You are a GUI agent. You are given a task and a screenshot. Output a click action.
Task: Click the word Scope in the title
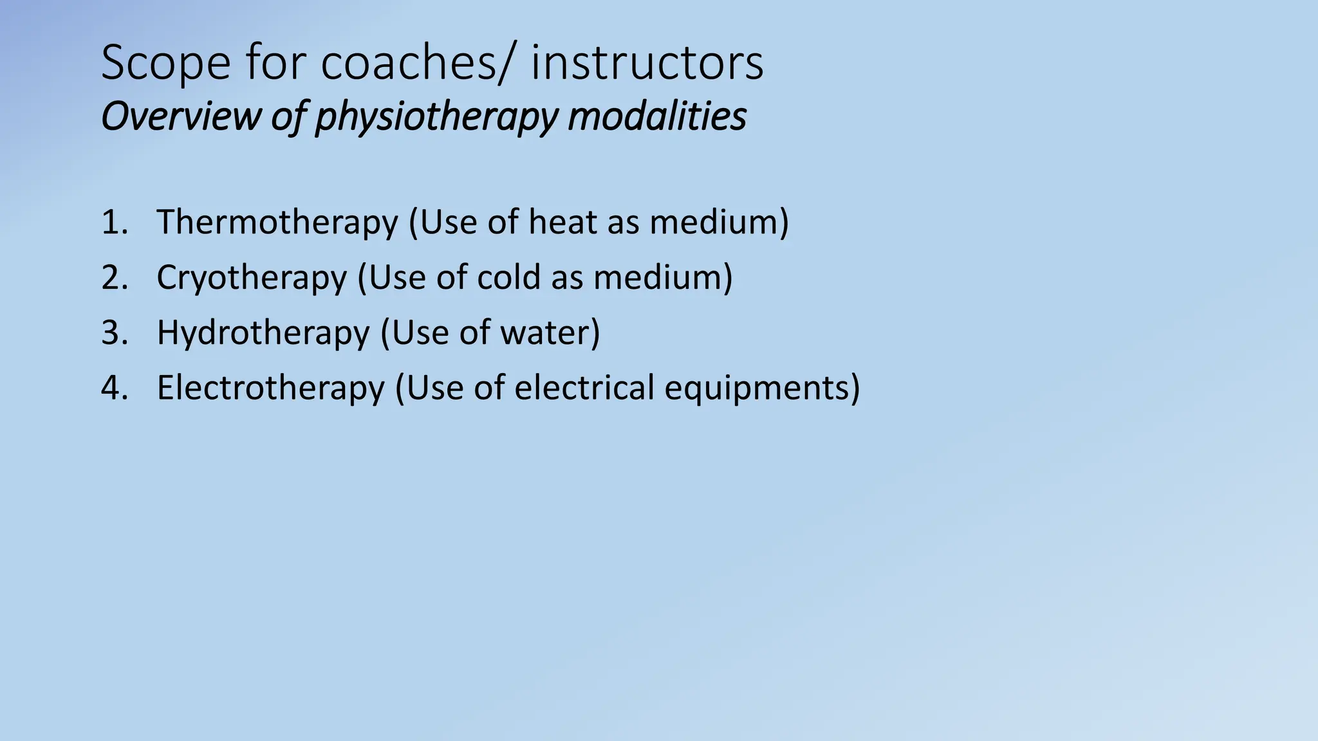(165, 64)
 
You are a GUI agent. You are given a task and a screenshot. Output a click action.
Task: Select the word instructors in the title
(647, 64)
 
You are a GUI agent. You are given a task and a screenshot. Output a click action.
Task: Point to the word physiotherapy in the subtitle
(436, 118)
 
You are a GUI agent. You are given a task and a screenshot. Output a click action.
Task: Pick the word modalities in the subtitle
(657, 116)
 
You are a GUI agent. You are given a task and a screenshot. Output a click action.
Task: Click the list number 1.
(114, 222)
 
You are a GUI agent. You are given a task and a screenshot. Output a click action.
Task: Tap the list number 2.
(114, 277)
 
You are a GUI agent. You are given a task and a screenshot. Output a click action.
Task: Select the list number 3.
(114, 333)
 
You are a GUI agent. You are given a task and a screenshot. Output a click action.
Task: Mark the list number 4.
(114, 388)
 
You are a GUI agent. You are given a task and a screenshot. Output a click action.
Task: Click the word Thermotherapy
(277, 223)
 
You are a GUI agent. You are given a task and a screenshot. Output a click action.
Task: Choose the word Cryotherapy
(252, 279)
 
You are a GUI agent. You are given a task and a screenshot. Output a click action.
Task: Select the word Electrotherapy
(270, 389)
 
